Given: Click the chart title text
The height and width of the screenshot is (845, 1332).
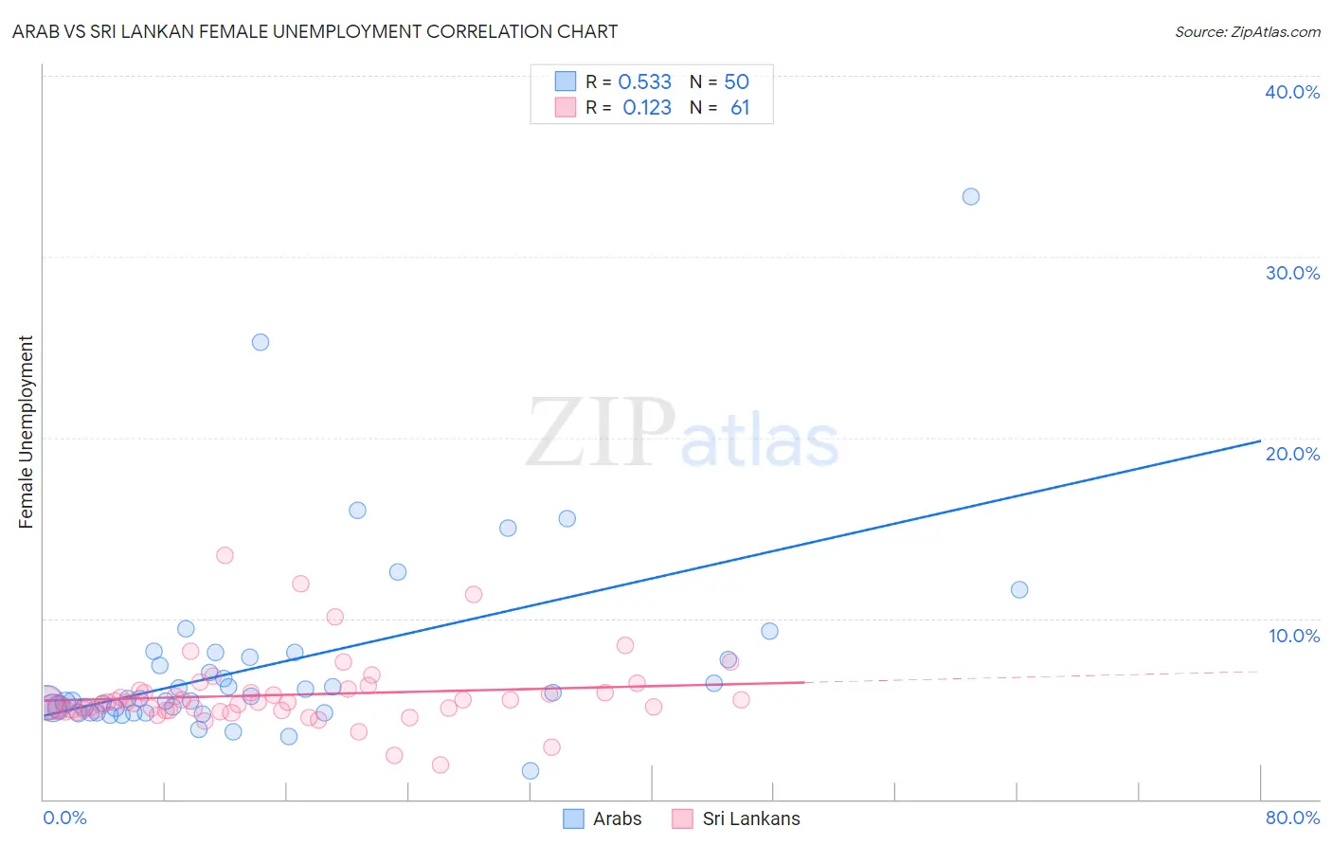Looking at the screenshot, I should pos(315,32).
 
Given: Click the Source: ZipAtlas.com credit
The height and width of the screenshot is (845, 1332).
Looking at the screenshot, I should pos(1247,32).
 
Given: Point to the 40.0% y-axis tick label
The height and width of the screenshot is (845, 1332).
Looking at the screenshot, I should pos(1291,92).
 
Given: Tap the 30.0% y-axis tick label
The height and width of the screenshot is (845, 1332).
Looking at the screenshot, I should pos(1291,273).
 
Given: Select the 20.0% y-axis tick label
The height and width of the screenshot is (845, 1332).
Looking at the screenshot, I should pos(1291,454).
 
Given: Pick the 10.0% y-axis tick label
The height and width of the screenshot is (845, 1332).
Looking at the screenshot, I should pos(1293,636).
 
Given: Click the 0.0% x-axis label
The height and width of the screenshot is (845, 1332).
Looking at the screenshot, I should pos(64,818).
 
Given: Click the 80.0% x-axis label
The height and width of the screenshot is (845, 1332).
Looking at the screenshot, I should pos(1291,818).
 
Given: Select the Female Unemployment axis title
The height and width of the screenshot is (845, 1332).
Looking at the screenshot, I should pos(26,432).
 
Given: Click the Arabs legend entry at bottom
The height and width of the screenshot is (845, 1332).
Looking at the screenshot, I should pos(603,818).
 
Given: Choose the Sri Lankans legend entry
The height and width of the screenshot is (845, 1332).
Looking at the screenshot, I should pos(736,818).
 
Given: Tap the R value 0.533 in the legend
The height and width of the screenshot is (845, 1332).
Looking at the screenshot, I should pos(644,82).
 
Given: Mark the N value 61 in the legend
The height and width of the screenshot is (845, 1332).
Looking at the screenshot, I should pos(740,108).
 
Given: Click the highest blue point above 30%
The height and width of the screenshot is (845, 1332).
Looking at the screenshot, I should pos(971,197).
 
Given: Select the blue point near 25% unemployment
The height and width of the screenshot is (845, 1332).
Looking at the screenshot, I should pos(261,342).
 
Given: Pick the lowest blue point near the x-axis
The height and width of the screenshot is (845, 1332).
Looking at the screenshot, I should pos(531,771).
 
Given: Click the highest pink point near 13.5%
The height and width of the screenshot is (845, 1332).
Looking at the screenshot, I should pos(225,555).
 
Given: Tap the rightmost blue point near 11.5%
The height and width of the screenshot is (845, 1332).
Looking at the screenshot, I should pos(1019,589).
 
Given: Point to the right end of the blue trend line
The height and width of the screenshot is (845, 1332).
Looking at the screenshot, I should pos(1260,440).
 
